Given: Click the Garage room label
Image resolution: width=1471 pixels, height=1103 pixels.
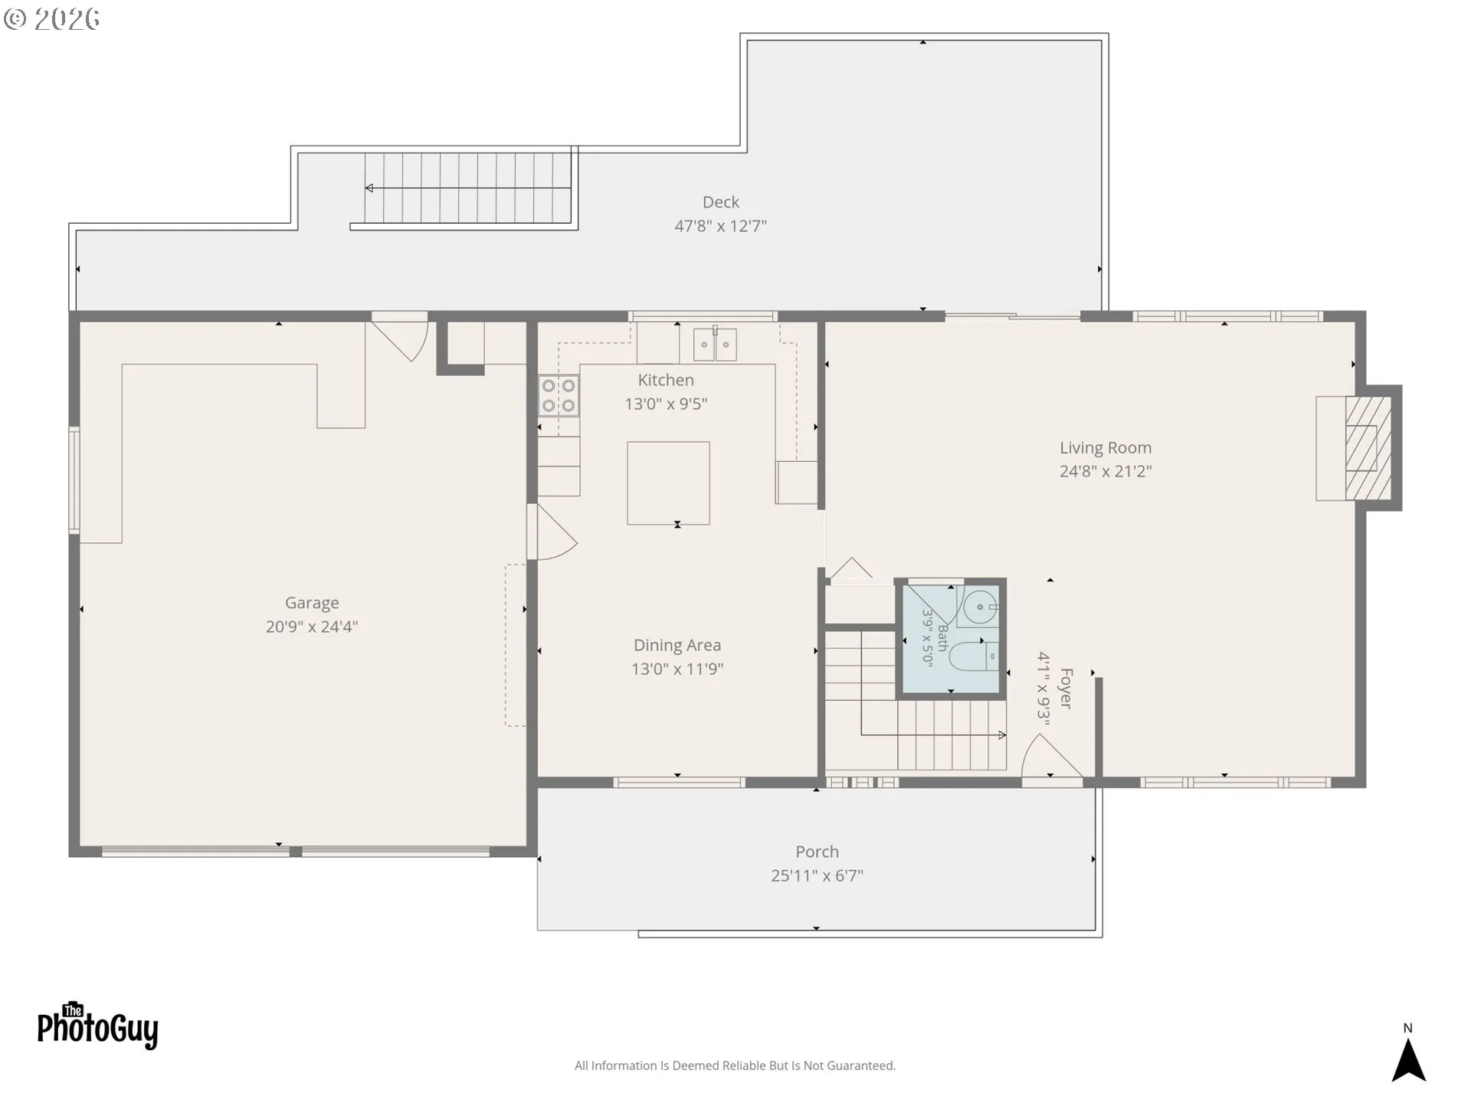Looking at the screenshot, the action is pyautogui.click(x=312, y=604).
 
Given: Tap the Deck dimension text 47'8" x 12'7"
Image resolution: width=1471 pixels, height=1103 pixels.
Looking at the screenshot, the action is pyautogui.click(x=720, y=226).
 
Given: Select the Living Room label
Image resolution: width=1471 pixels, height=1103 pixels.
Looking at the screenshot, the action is pyautogui.click(x=1106, y=448).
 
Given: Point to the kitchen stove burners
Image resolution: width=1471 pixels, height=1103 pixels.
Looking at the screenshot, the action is pyautogui.click(x=559, y=395).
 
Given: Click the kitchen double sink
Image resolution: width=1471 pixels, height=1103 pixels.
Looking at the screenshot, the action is pyautogui.click(x=715, y=345).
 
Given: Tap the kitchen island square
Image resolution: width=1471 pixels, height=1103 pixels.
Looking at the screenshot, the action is pyautogui.click(x=668, y=483).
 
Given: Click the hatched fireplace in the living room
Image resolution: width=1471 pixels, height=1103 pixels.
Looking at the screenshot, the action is pyautogui.click(x=1368, y=448).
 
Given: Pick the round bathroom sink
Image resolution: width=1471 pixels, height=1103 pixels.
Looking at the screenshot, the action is pyautogui.click(x=981, y=607).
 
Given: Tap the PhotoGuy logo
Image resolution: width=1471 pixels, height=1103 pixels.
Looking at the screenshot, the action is pyautogui.click(x=98, y=1026).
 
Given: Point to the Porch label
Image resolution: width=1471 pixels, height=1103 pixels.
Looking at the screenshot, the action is pyautogui.click(x=817, y=852).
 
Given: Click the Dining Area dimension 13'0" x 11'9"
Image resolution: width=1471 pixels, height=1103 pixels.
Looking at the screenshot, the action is pyautogui.click(x=677, y=669).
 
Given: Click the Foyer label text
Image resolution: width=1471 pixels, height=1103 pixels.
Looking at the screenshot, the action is pyautogui.click(x=1066, y=689).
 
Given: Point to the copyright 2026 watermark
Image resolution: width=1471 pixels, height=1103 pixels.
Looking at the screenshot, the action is pyautogui.click(x=52, y=18).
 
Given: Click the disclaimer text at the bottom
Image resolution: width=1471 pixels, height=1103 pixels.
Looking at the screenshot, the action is pyautogui.click(x=735, y=1065).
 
